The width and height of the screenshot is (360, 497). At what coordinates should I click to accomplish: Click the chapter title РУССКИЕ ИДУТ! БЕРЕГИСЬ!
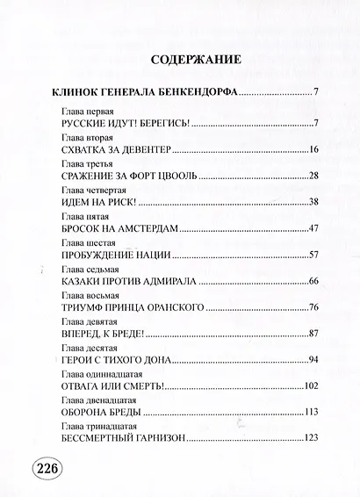(x=125, y=126)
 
